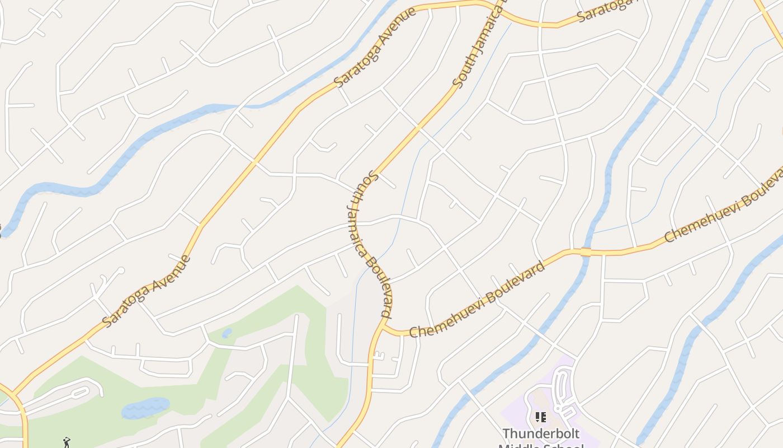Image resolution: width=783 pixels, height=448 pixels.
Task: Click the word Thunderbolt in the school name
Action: coord(541,433)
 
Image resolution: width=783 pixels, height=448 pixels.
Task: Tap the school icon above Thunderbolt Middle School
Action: coord(541,417)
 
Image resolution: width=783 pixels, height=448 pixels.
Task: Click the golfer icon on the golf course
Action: coord(67,442)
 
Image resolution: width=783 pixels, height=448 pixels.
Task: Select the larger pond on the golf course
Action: coord(145,408)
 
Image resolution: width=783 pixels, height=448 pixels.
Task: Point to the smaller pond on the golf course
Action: coord(227,333)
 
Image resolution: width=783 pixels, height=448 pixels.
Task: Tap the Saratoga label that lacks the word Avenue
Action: coord(607,10)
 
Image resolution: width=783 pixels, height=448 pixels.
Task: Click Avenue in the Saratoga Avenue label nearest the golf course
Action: coord(168,277)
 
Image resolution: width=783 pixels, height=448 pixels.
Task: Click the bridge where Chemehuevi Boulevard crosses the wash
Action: coord(586,251)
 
